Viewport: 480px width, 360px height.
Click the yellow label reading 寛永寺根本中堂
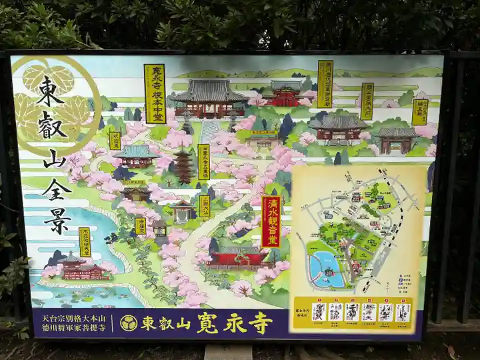tap(155, 93)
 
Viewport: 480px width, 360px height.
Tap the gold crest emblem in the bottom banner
tap(129, 323)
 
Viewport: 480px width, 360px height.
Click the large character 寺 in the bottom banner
tap(260, 323)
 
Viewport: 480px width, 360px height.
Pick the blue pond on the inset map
tap(326, 269)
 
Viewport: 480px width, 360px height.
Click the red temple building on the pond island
tap(81, 268)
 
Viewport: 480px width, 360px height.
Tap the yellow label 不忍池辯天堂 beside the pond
tap(85, 241)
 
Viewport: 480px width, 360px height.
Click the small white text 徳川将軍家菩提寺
tap(72, 327)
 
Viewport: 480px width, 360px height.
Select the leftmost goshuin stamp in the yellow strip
tap(319, 312)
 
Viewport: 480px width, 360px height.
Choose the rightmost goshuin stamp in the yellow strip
tap(402, 312)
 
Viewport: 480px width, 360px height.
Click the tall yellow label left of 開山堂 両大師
tap(325, 84)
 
